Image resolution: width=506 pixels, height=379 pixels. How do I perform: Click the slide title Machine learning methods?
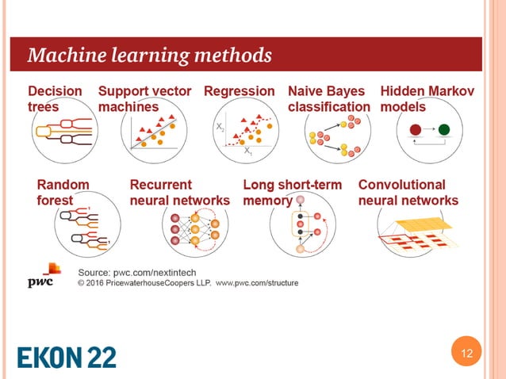click(150, 56)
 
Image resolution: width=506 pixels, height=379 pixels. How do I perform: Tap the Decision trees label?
click(55, 99)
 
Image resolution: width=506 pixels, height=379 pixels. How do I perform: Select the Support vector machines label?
click(144, 99)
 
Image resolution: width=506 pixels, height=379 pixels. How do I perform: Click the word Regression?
click(240, 91)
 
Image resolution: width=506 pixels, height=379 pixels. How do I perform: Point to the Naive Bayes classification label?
click(328, 99)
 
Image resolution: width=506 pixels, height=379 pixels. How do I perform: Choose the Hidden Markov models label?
click(428, 99)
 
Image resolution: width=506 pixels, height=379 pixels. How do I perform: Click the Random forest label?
click(63, 193)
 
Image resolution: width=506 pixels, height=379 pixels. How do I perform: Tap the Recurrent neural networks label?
click(179, 193)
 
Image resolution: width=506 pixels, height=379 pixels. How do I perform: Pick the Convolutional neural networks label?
click(408, 193)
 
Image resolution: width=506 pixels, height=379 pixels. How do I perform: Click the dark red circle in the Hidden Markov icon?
click(414, 129)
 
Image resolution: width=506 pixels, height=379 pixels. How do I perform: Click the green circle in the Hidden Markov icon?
click(444, 129)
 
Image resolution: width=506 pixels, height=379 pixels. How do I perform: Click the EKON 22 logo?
click(67, 355)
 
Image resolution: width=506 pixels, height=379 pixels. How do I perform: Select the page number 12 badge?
click(465, 354)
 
